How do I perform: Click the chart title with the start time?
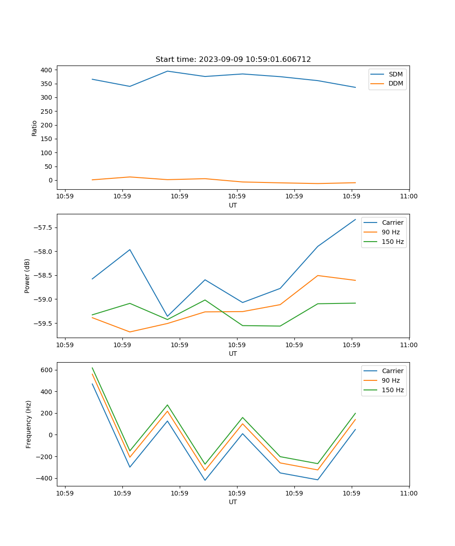(233, 60)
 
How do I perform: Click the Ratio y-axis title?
(35, 128)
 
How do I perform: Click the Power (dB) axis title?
(27, 276)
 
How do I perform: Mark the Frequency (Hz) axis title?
(29, 424)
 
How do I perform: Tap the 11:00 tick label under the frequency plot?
(409, 493)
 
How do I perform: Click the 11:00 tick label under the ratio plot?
(409, 197)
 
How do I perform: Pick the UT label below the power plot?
(233, 354)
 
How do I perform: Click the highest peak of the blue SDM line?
(167, 71)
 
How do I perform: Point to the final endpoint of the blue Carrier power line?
(355, 219)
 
